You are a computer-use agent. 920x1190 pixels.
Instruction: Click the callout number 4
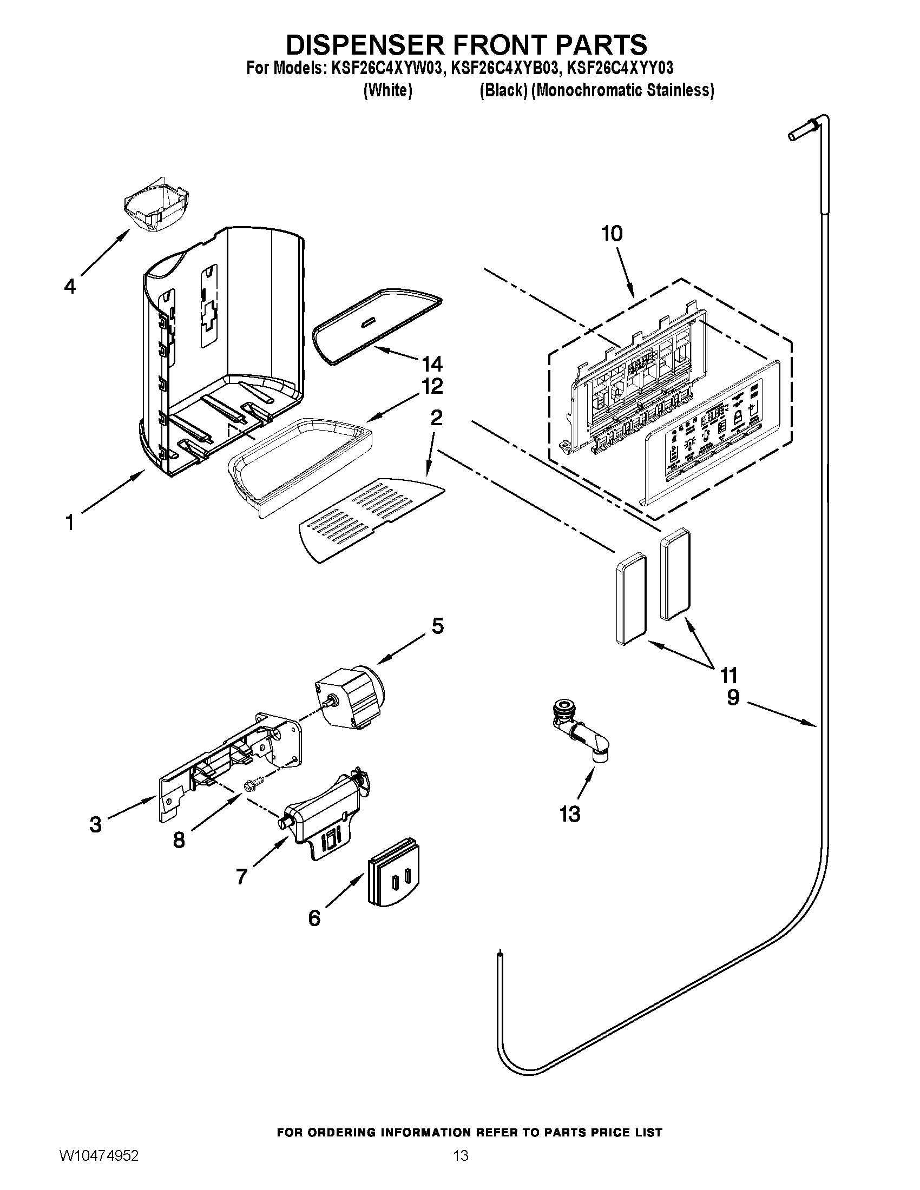tap(70, 286)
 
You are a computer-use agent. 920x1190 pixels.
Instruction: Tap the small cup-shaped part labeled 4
tap(156, 204)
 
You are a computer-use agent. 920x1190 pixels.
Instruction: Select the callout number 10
tap(612, 234)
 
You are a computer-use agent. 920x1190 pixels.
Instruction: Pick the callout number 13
tap(570, 830)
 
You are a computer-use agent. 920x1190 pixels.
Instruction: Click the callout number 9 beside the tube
tap(733, 697)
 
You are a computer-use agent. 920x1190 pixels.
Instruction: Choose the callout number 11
tap(729, 675)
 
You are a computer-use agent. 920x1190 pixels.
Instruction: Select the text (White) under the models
tap(387, 90)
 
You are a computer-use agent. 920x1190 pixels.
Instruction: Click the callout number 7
tap(241, 877)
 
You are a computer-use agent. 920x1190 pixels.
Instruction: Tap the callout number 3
tap(95, 824)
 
